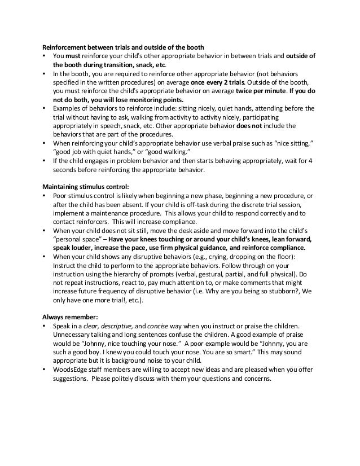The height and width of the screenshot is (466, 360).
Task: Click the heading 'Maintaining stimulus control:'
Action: point(84,187)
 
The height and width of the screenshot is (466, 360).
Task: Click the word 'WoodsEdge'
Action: point(71,370)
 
